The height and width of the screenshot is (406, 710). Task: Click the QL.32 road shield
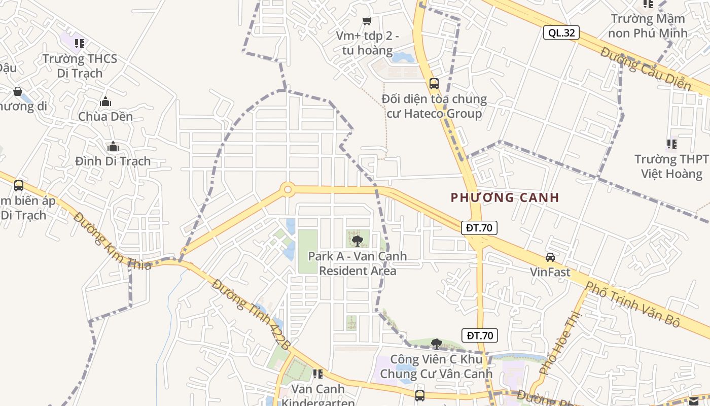coord(561,33)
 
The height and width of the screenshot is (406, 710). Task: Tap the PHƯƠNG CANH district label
coord(505,197)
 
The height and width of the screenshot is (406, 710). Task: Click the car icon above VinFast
coord(550,257)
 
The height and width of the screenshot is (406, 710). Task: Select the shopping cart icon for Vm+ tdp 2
coord(367,21)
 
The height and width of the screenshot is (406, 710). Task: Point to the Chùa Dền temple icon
coord(105,102)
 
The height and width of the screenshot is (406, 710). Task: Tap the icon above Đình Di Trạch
coord(113,147)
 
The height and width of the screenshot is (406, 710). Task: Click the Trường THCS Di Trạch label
coord(80,65)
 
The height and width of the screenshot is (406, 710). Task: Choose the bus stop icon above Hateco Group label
coord(434,84)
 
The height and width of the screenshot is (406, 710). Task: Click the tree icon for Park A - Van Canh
coord(358,241)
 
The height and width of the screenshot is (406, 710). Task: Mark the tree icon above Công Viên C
coord(436,344)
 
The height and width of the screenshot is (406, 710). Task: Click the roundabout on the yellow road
coord(288,190)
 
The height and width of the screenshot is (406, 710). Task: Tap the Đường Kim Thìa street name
coord(112,240)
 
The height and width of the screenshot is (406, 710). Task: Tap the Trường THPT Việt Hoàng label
coord(671,166)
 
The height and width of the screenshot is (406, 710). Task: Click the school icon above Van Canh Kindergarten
coord(318,374)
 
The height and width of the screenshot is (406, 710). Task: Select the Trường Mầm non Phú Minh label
coord(649,26)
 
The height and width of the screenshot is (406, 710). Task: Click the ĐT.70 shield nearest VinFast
coord(479,228)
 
